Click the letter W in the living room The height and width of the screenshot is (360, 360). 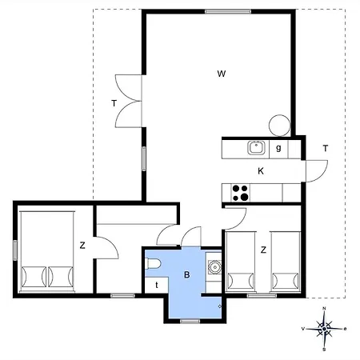point(222,74)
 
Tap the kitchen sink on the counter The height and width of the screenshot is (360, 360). point(257,148)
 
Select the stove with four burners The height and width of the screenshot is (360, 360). point(241,193)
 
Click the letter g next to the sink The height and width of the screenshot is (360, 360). point(278,148)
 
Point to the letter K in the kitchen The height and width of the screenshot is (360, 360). point(261,171)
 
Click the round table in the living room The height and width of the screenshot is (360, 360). point(279,126)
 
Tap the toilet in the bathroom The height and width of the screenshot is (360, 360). point(153,263)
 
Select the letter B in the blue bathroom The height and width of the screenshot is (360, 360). point(187,274)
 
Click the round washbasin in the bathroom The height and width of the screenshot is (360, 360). point(214,267)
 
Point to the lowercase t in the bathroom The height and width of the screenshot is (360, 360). point(157,285)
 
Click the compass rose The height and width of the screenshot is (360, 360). point(324,329)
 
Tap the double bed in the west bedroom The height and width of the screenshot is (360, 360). point(47,251)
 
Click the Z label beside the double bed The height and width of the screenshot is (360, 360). point(82,246)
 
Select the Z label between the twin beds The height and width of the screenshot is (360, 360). point(263,250)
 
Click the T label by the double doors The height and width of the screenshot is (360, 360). point(114,103)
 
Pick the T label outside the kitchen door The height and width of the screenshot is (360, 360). point(326,148)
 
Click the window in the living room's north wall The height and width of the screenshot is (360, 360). point(228,11)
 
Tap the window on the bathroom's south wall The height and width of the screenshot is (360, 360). point(190,321)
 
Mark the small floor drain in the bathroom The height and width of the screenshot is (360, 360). point(220,306)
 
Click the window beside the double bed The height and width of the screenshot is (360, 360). point(15,250)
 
